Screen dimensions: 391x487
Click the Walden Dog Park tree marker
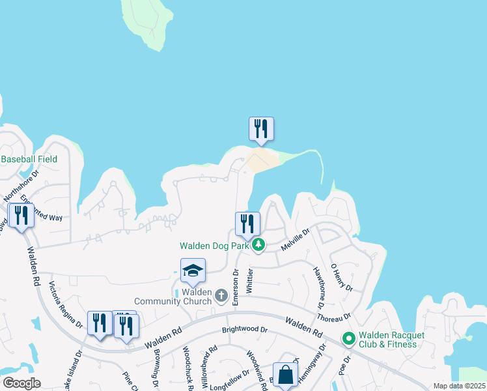point(259,245)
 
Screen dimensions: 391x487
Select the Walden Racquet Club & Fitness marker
point(348,339)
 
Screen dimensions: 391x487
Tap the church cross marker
point(221,297)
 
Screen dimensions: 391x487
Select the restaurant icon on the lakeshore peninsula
point(261,128)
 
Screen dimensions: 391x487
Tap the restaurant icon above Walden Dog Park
point(247,224)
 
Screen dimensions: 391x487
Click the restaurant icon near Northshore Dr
point(21,216)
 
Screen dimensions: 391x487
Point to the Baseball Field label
point(29,159)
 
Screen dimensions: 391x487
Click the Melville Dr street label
point(295,239)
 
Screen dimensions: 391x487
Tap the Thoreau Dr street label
point(335,317)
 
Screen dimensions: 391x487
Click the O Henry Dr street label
point(341,278)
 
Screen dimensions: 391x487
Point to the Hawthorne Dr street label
point(318,287)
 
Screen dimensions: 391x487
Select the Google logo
point(21,383)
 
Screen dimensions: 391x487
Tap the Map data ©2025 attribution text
point(459,386)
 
